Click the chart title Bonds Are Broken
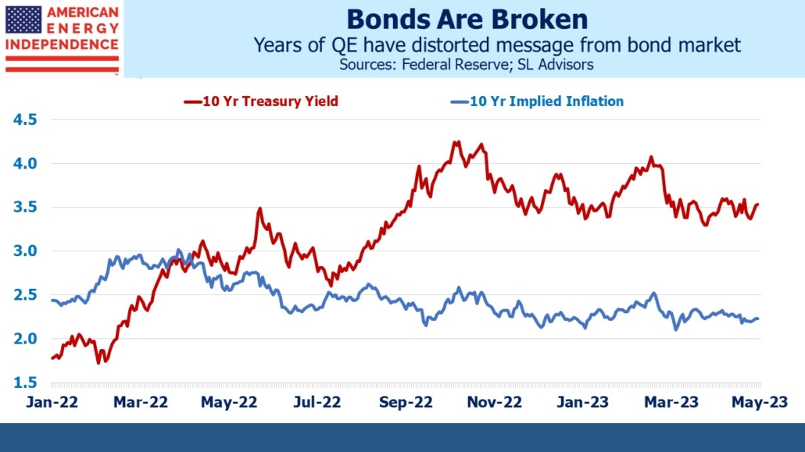pyautogui.click(x=467, y=19)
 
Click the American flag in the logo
pyautogui.click(x=23, y=20)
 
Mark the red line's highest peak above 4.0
pyautogui.click(x=457, y=142)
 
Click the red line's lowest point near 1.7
pyautogui.click(x=98, y=362)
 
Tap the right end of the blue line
pyautogui.click(x=758, y=319)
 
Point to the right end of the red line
pyautogui.click(x=758, y=205)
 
